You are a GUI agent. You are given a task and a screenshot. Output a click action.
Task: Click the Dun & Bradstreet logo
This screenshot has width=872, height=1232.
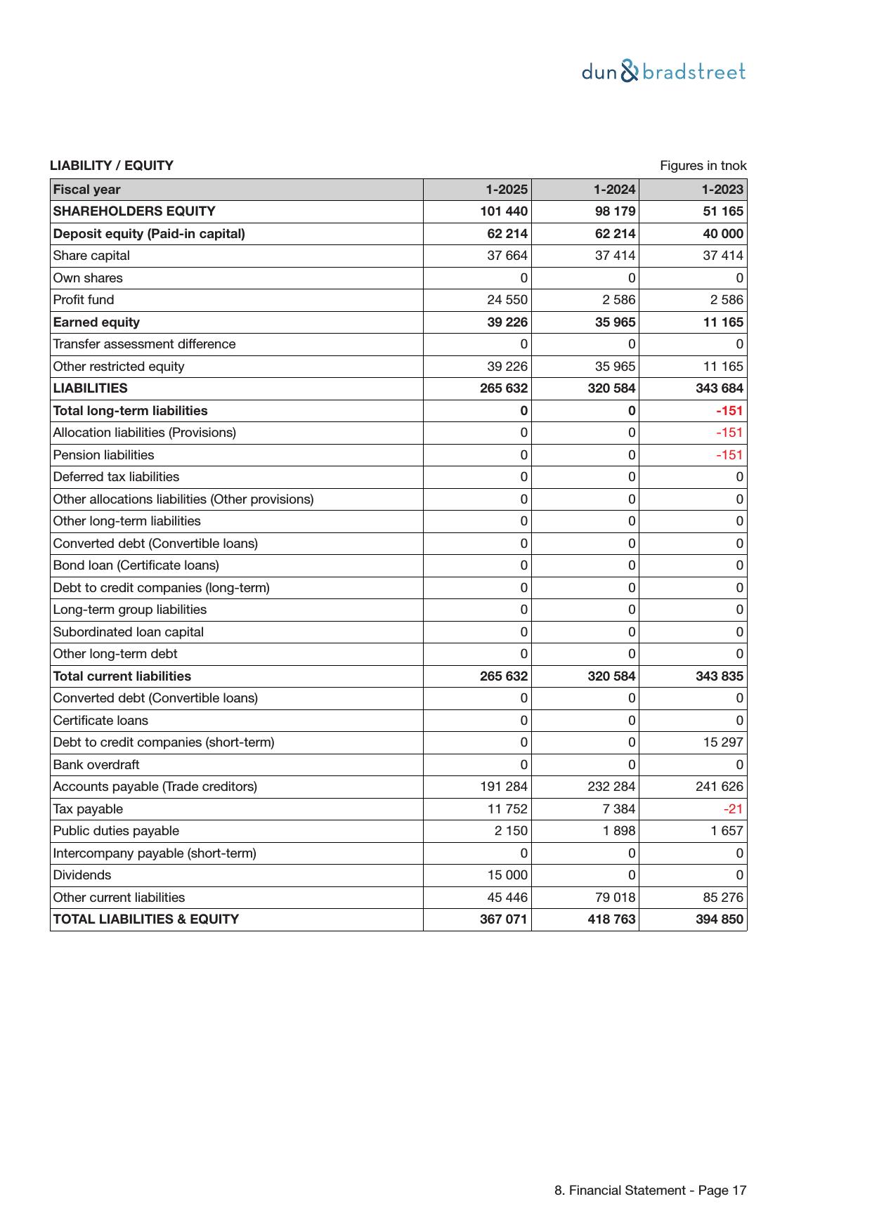click(663, 72)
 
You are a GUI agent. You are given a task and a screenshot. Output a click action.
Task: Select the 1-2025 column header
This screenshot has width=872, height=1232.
click(507, 190)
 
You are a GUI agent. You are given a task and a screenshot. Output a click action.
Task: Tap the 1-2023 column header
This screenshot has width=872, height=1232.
click(722, 190)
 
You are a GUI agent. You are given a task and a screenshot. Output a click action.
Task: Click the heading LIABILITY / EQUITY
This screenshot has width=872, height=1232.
click(112, 166)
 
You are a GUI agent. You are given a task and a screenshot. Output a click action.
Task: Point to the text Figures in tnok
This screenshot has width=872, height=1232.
click(703, 166)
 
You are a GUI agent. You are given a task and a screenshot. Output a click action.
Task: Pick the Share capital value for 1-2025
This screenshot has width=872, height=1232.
click(507, 256)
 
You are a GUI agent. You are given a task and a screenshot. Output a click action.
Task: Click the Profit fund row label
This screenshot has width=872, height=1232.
click(84, 300)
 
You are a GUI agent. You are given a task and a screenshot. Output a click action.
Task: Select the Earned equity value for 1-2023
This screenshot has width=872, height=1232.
click(722, 322)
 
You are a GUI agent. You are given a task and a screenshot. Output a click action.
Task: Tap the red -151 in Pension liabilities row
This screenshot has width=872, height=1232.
click(729, 455)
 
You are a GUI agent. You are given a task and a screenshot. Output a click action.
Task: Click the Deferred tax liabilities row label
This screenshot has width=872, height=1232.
click(116, 477)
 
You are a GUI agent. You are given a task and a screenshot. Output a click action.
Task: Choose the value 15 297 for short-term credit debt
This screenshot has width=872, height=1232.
click(723, 742)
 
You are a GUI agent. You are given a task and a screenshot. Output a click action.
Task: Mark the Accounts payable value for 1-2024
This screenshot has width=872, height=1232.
click(611, 787)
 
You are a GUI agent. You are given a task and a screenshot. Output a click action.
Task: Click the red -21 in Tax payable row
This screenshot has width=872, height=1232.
click(733, 809)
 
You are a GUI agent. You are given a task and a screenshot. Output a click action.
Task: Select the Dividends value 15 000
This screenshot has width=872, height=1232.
click(507, 875)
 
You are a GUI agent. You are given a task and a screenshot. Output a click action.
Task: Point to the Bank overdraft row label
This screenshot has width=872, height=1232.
click(96, 765)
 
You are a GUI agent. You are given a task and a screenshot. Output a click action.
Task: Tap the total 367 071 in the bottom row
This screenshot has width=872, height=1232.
click(503, 919)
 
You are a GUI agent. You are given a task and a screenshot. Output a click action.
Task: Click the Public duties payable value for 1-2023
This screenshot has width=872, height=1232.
click(726, 831)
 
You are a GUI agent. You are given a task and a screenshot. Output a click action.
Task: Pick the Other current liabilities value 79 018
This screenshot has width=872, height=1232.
click(615, 898)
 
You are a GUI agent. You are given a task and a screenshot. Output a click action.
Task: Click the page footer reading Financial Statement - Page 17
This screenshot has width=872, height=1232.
click(650, 1191)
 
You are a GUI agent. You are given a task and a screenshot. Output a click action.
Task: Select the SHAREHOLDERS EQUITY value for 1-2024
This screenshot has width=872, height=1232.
click(615, 211)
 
